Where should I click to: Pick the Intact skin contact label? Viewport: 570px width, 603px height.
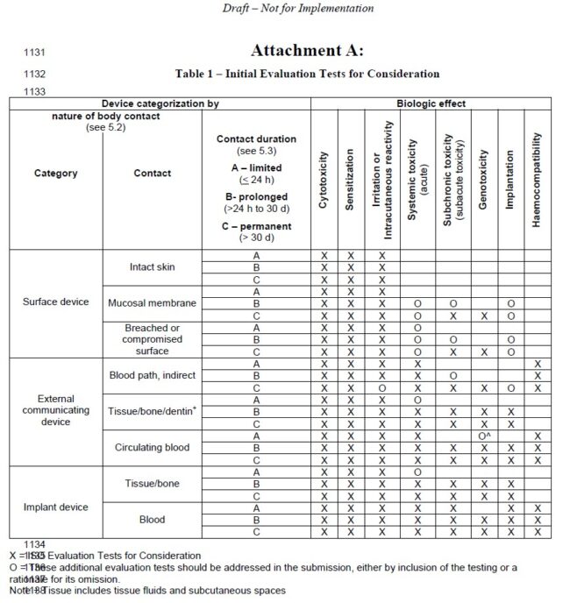[x=152, y=266]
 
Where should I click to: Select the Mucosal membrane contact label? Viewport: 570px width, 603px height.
[x=152, y=303]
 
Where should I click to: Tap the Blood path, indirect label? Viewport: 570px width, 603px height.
[x=152, y=375]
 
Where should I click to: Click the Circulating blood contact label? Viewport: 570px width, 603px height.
[x=152, y=447]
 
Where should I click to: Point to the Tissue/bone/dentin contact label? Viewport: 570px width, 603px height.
[x=152, y=411]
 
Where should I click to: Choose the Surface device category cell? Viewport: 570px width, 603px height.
[x=55, y=302]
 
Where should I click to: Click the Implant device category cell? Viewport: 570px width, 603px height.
[x=55, y=507]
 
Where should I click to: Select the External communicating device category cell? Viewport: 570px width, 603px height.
[x=55, y=410]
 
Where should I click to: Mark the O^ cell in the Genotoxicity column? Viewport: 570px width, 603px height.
[x=483, y=436]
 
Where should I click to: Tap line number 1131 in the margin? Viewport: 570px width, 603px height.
[x=34, y=53]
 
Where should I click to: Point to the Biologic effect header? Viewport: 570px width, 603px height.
[x=431, y=103]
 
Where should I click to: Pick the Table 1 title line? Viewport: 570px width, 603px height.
[x=307, y=74]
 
